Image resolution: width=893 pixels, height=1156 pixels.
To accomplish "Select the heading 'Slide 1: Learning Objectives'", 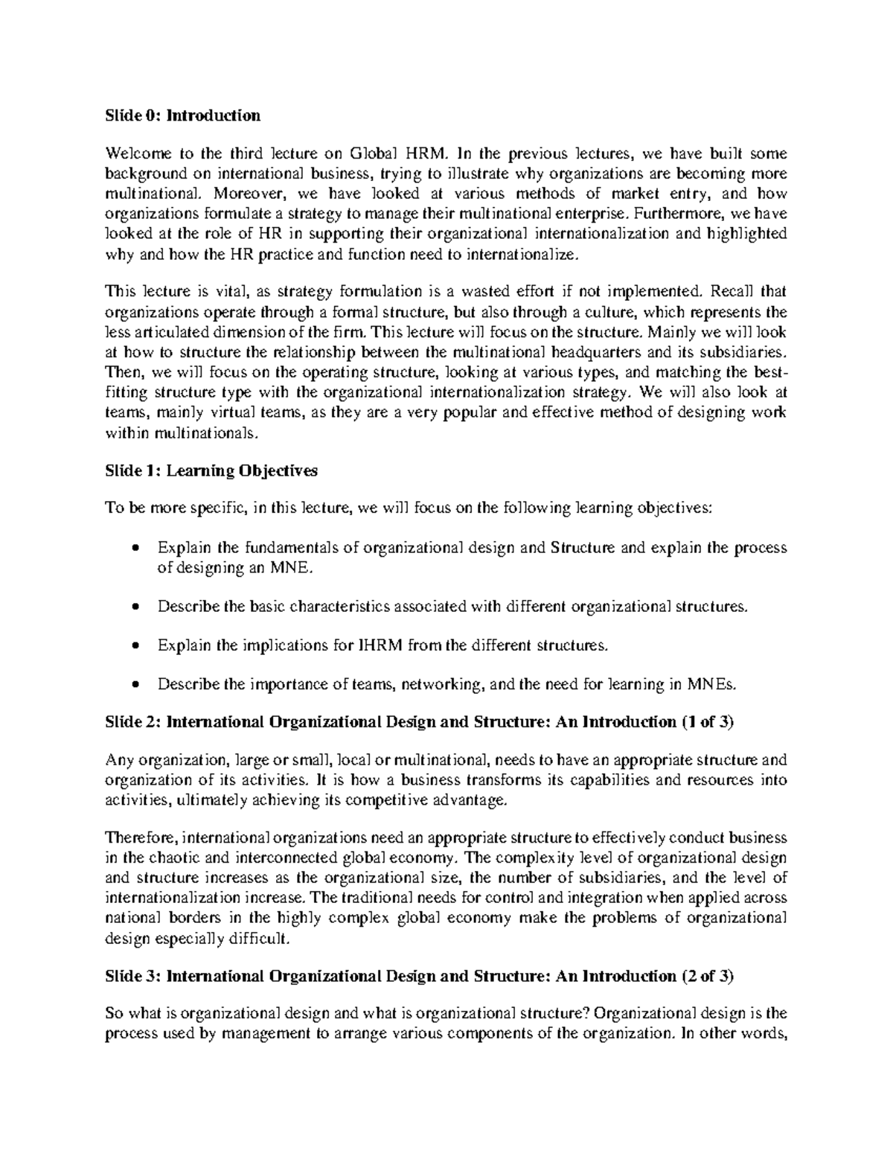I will click(x=211, y=470).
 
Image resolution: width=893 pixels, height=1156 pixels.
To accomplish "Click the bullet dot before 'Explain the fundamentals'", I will click(x=134, y=549).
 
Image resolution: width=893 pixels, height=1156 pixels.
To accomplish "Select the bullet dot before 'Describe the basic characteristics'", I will click(x=134, y=607).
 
